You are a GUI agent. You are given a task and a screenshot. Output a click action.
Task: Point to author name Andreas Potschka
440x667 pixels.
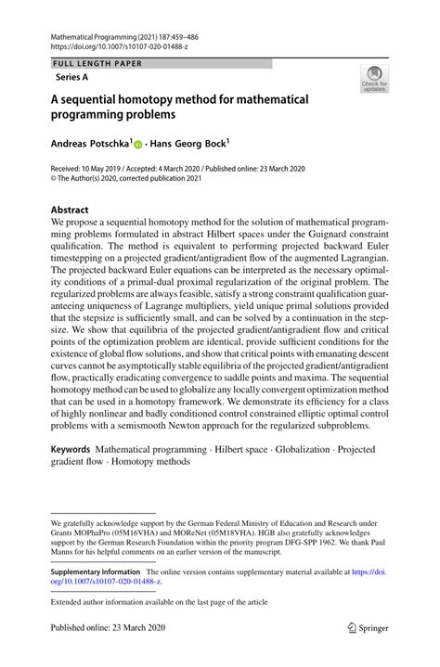(91, 145)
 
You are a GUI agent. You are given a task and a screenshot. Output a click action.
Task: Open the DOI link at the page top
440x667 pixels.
(116, 44)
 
